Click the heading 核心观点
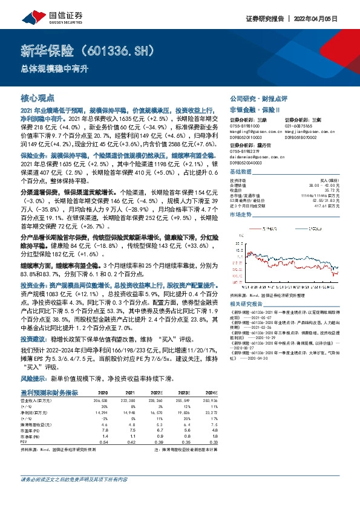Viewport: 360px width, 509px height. coord(38,97)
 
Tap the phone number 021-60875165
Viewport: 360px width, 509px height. coord(303,125)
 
